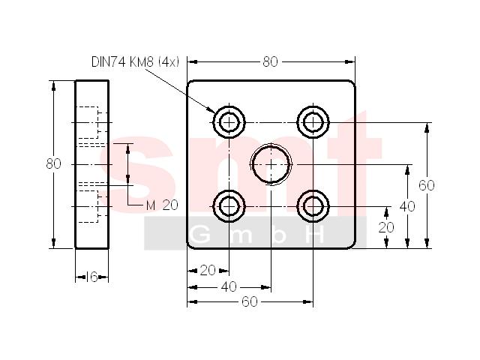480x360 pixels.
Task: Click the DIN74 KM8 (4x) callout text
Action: click(x=135, y=61)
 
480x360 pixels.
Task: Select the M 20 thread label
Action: click(x=162, y=205)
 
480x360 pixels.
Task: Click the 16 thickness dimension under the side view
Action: click(x=91, y=277)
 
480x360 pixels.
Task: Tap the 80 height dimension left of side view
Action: click(x=53, y=164)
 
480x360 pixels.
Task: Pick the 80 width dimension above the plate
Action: click(x=270, y=61)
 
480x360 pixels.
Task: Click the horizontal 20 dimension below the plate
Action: click(x=208, y=270)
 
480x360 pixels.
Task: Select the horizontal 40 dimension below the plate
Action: click(x=229, y=286)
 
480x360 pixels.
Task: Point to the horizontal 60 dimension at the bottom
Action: click(x=250, y=301)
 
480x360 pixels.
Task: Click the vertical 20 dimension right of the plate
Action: click(x=386, y=227)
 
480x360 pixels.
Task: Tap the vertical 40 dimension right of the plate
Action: click(x=407, y=207)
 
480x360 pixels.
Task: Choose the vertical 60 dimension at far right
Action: click(x=427, y=185)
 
